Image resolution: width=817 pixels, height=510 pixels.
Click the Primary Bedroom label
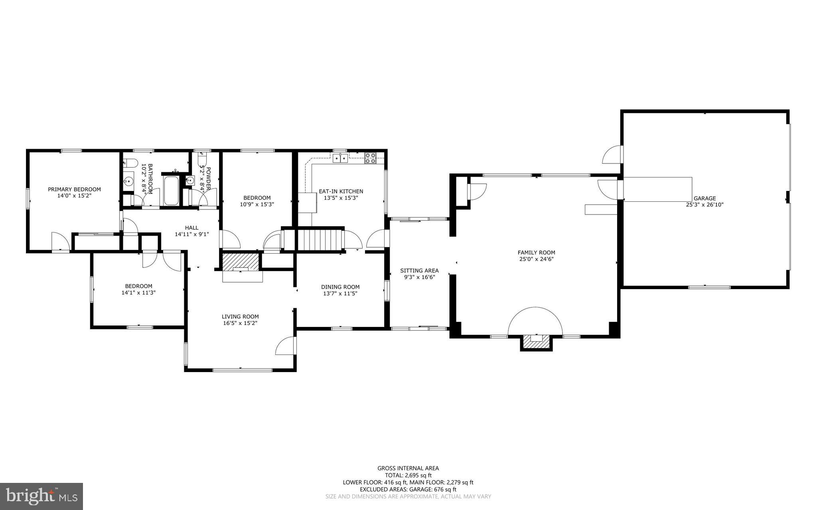click(x=74, y=189)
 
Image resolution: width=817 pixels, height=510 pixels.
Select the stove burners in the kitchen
click(x=370, y=158)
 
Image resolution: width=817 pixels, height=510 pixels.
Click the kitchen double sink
click(x=340, y=159)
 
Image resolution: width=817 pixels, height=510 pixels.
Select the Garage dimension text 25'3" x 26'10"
click(x=705, y=205)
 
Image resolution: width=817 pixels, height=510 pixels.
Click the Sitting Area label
click(x=419, y=270)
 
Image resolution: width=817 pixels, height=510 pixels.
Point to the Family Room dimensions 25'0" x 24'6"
click(x=536, y=259)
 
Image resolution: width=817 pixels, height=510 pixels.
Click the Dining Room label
click(x=340, y=287)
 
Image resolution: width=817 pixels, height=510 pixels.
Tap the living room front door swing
click(x=286, y=345)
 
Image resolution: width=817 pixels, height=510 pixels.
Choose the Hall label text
click(x=191, y=228)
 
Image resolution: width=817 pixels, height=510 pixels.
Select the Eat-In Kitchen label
click(x=341, y=191)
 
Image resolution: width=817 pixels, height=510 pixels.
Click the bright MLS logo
click(x=41, y=496)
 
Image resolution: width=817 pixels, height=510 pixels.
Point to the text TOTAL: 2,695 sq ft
click(x=408, y=475)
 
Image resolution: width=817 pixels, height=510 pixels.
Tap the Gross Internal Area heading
click(x=408, y=468)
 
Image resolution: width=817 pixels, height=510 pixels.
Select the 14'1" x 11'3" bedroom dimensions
click(x=138, y=292)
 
